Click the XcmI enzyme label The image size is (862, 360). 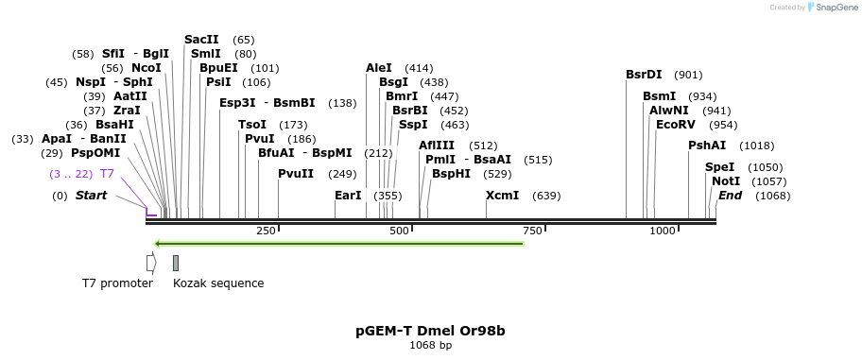(502, 196)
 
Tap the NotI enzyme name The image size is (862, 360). (726, 180)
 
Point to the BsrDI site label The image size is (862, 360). (645, 75)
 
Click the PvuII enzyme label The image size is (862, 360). (296, 173)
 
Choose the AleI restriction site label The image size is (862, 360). (378, 68)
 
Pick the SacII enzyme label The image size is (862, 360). (201, 40)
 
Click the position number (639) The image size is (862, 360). (546, 196)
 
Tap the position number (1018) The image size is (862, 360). (756, 146)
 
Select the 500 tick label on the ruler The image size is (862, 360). (399, 231)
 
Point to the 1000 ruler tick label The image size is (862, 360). (663, 231)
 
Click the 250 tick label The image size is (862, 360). (266, 231)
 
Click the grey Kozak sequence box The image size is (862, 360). (176, 263)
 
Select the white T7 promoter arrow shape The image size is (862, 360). (150, 263)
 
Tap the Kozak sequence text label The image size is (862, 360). (218, 283)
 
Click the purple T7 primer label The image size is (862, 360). (107, 174)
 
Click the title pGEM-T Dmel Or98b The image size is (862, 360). (430, 331)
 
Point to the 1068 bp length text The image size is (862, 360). (430, 346)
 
